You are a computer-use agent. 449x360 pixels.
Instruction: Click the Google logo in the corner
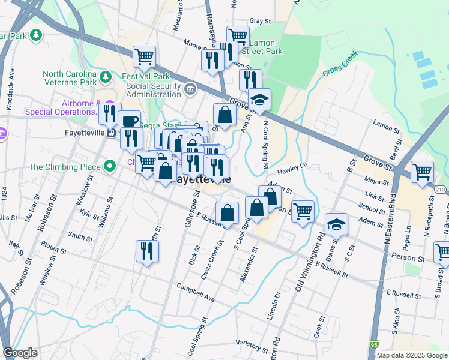point(20,353)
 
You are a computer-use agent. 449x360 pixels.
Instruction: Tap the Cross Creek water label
point(340,63)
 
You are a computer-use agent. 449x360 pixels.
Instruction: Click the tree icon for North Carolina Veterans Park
point(106,77)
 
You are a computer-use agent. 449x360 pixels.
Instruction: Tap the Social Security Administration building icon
point(190,90)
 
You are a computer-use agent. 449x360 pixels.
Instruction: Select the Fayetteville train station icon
point(111,133)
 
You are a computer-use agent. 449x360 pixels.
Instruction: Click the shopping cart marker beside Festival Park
point(144,57)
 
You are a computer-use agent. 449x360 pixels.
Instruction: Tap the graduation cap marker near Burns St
point(337,224)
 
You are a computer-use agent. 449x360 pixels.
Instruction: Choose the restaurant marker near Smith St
point(147,251)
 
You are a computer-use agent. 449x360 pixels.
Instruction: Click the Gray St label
point(260,21)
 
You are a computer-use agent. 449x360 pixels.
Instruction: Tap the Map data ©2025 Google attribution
point(412,355)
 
